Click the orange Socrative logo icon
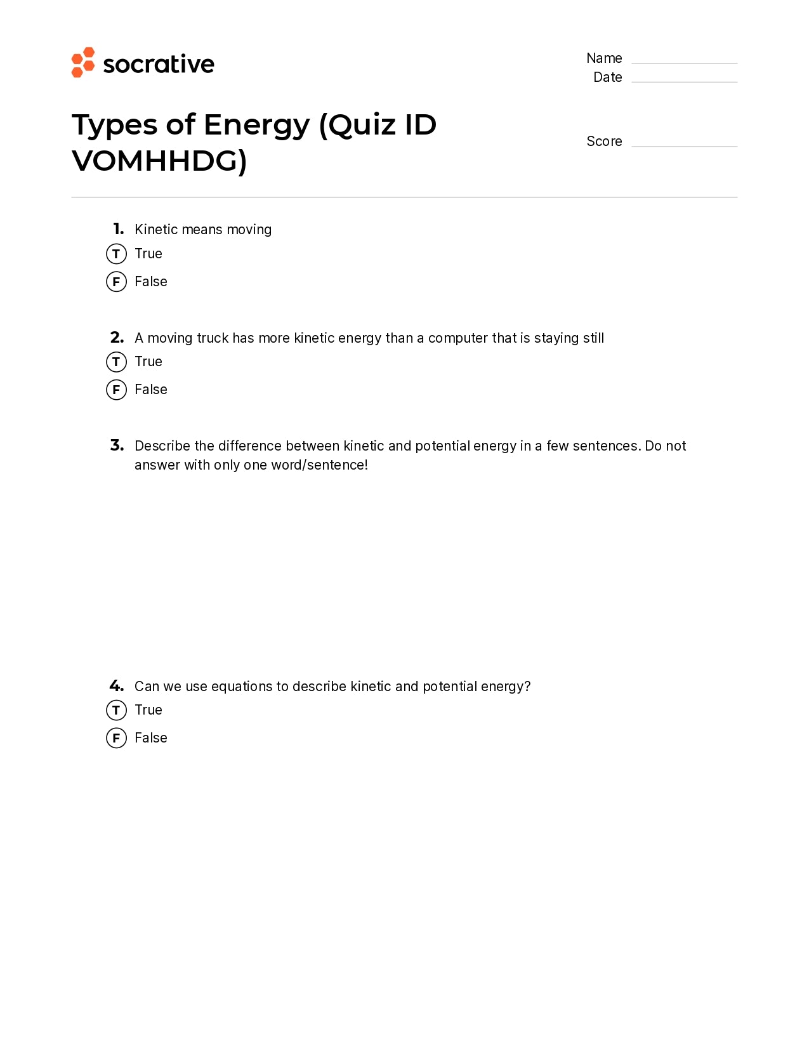pos(83,62)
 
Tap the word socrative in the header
pos(159,64)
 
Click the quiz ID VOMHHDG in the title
pos(159,161)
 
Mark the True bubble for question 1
pos(116,254)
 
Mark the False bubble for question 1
pos(116,282)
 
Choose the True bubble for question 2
pos(116,362)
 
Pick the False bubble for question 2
pos(116,390)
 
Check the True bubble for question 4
pos(116,710)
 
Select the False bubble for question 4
pos(116,738)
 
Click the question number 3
pos(117,445)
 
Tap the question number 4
pos(117,686)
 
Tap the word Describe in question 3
pos(162,446)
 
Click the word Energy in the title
pos(257,125)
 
